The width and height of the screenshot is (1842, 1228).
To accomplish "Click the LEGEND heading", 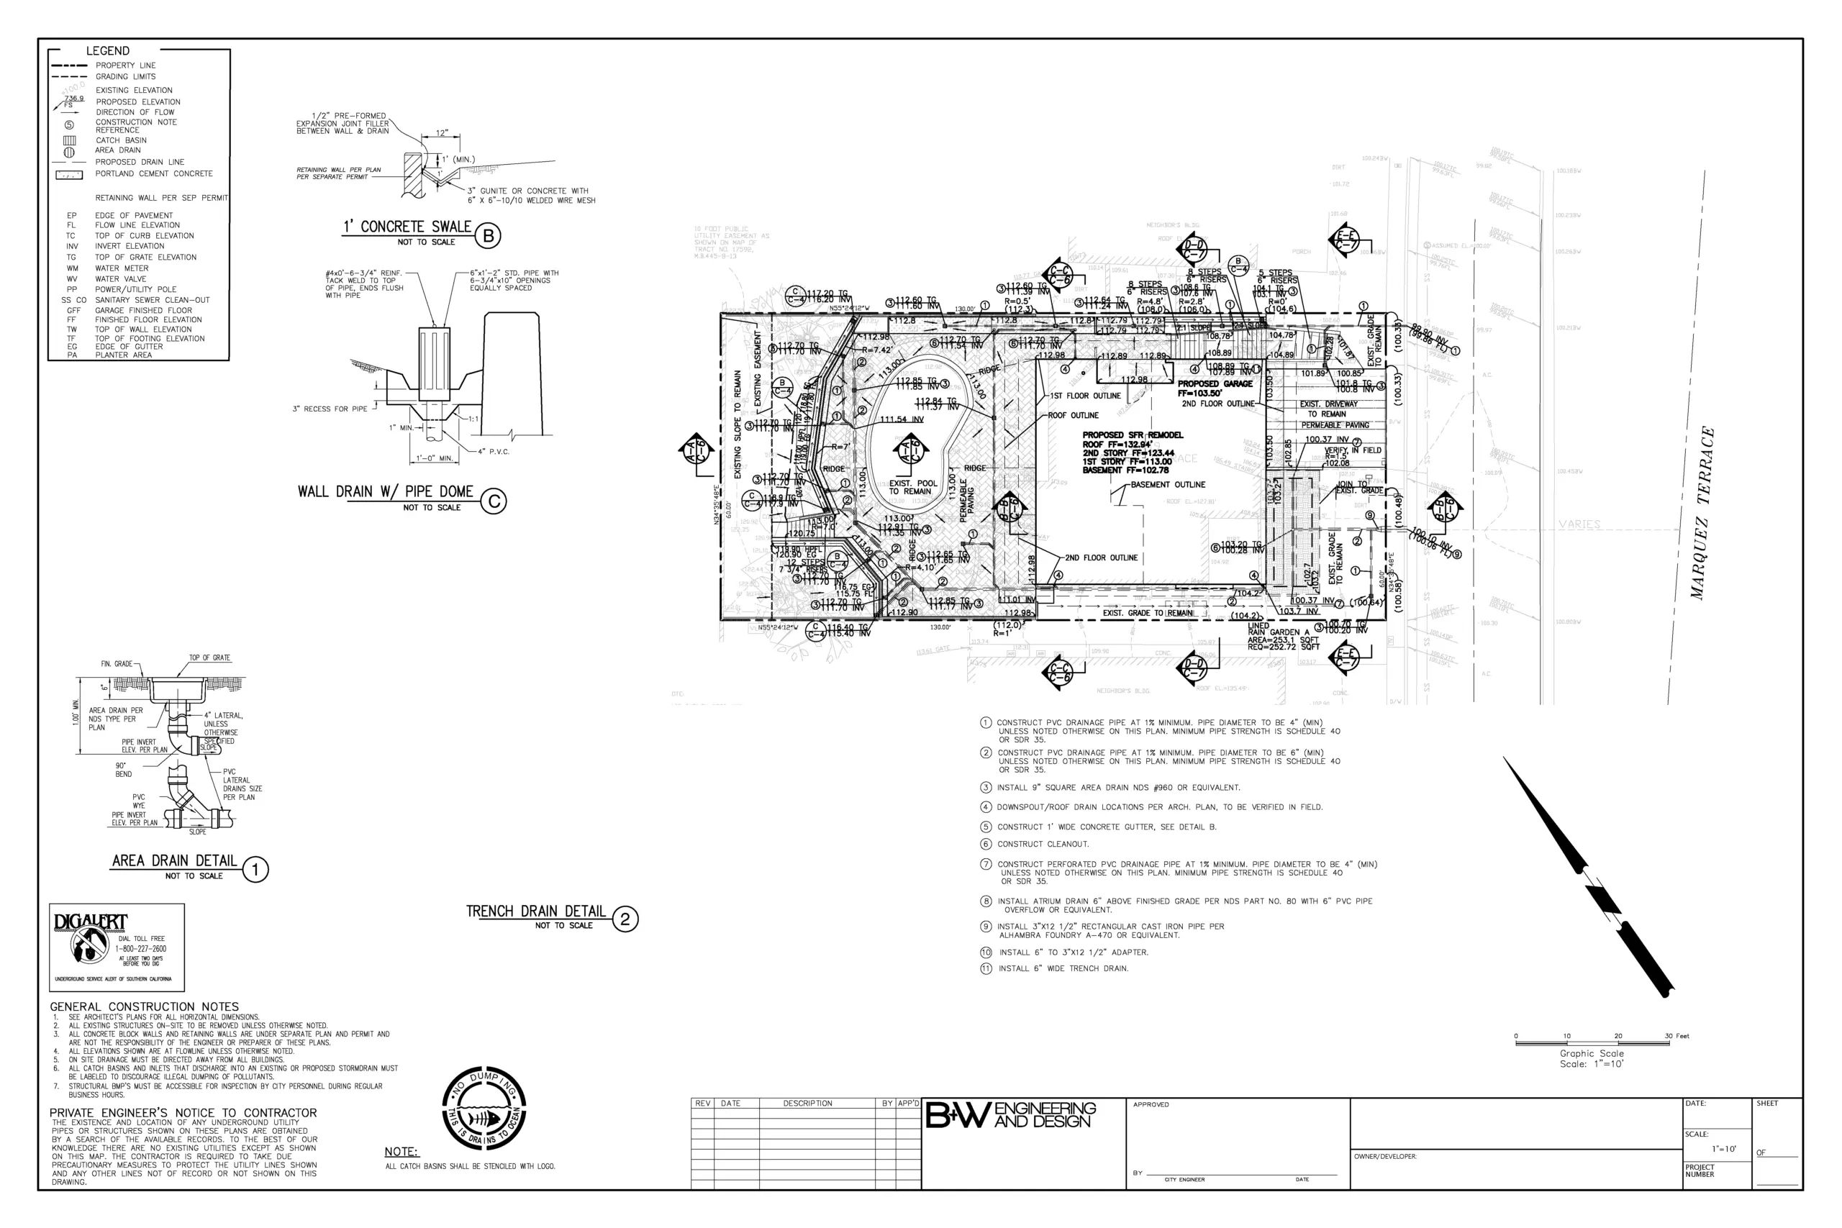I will click(107, 51).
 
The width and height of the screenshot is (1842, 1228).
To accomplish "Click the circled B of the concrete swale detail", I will click(488, 236).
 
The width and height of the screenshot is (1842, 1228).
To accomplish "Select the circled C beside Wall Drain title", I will click(494, 501).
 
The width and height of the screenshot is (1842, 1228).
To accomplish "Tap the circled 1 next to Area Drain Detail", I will click(255, 869).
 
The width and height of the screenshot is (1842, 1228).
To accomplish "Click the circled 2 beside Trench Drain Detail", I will click(625, 919).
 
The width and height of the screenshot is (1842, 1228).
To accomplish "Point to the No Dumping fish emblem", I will click(484, 1108).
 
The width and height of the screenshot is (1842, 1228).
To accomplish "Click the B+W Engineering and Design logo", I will click(1011, 1115).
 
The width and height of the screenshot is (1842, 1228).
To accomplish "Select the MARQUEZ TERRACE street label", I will click(1702, 513).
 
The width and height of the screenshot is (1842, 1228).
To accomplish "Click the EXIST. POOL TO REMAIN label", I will click(912, 487).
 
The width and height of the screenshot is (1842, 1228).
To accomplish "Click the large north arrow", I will click(1590, 877).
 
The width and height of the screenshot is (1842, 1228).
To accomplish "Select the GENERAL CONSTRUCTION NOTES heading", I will click(144, 1007).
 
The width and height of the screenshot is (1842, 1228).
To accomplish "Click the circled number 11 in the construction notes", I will click(986, 969).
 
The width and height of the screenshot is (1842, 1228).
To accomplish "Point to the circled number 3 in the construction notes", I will click(986, 787).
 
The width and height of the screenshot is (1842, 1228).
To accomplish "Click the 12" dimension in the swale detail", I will click(443, 133).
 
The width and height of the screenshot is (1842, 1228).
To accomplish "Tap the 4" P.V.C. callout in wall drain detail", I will click(494, 452).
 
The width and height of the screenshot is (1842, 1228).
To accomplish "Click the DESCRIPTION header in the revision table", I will click(807, 1104).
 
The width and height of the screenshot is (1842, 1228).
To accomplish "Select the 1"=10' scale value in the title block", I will click(1725, 1149).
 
